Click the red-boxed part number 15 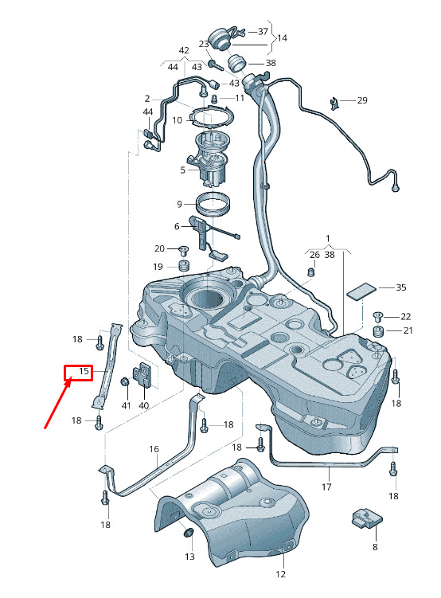coord(84,371)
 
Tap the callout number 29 coord(362,100)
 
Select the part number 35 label coord(401,287)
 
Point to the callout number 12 coord(280,574)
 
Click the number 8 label coord(375,547)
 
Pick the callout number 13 coord(189,557)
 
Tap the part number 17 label coord(326,487)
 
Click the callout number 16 coord(154,449)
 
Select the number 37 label coord(263,31)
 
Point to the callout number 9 coord(180,205)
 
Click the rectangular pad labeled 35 coord(361,291)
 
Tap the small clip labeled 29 coord(334,104)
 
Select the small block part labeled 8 coord(366,518)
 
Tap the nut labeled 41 coord(125,381)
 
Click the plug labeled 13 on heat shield coord(189,532)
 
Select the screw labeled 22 coord(378,315)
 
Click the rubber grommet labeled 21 coord(378,331)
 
